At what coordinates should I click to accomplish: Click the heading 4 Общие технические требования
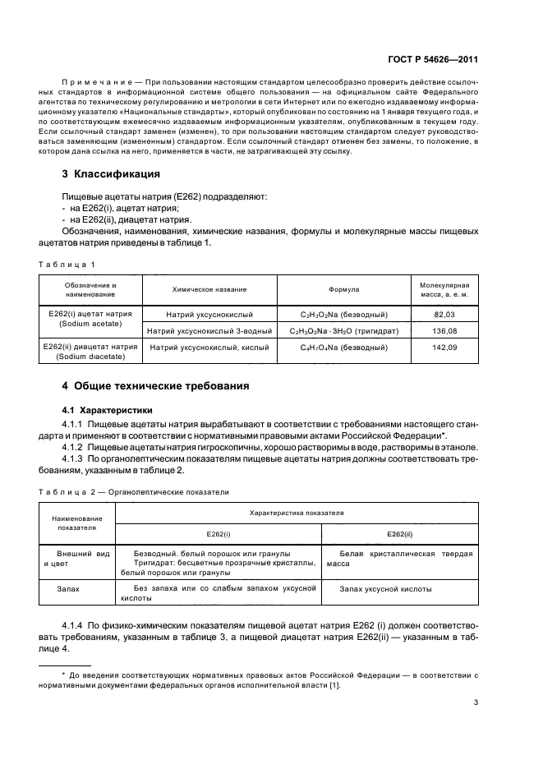[156, 385]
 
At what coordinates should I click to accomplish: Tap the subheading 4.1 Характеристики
[108, 408]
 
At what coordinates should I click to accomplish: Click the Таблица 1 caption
[67, 264]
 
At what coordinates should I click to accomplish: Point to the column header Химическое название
[209, 290]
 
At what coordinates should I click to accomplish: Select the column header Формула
[343, 290]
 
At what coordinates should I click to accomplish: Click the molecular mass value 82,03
[444, 315]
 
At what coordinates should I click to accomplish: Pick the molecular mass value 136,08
[444, 331]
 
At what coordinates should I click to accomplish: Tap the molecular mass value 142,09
[444, 348]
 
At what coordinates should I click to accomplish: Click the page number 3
[476, 702]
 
